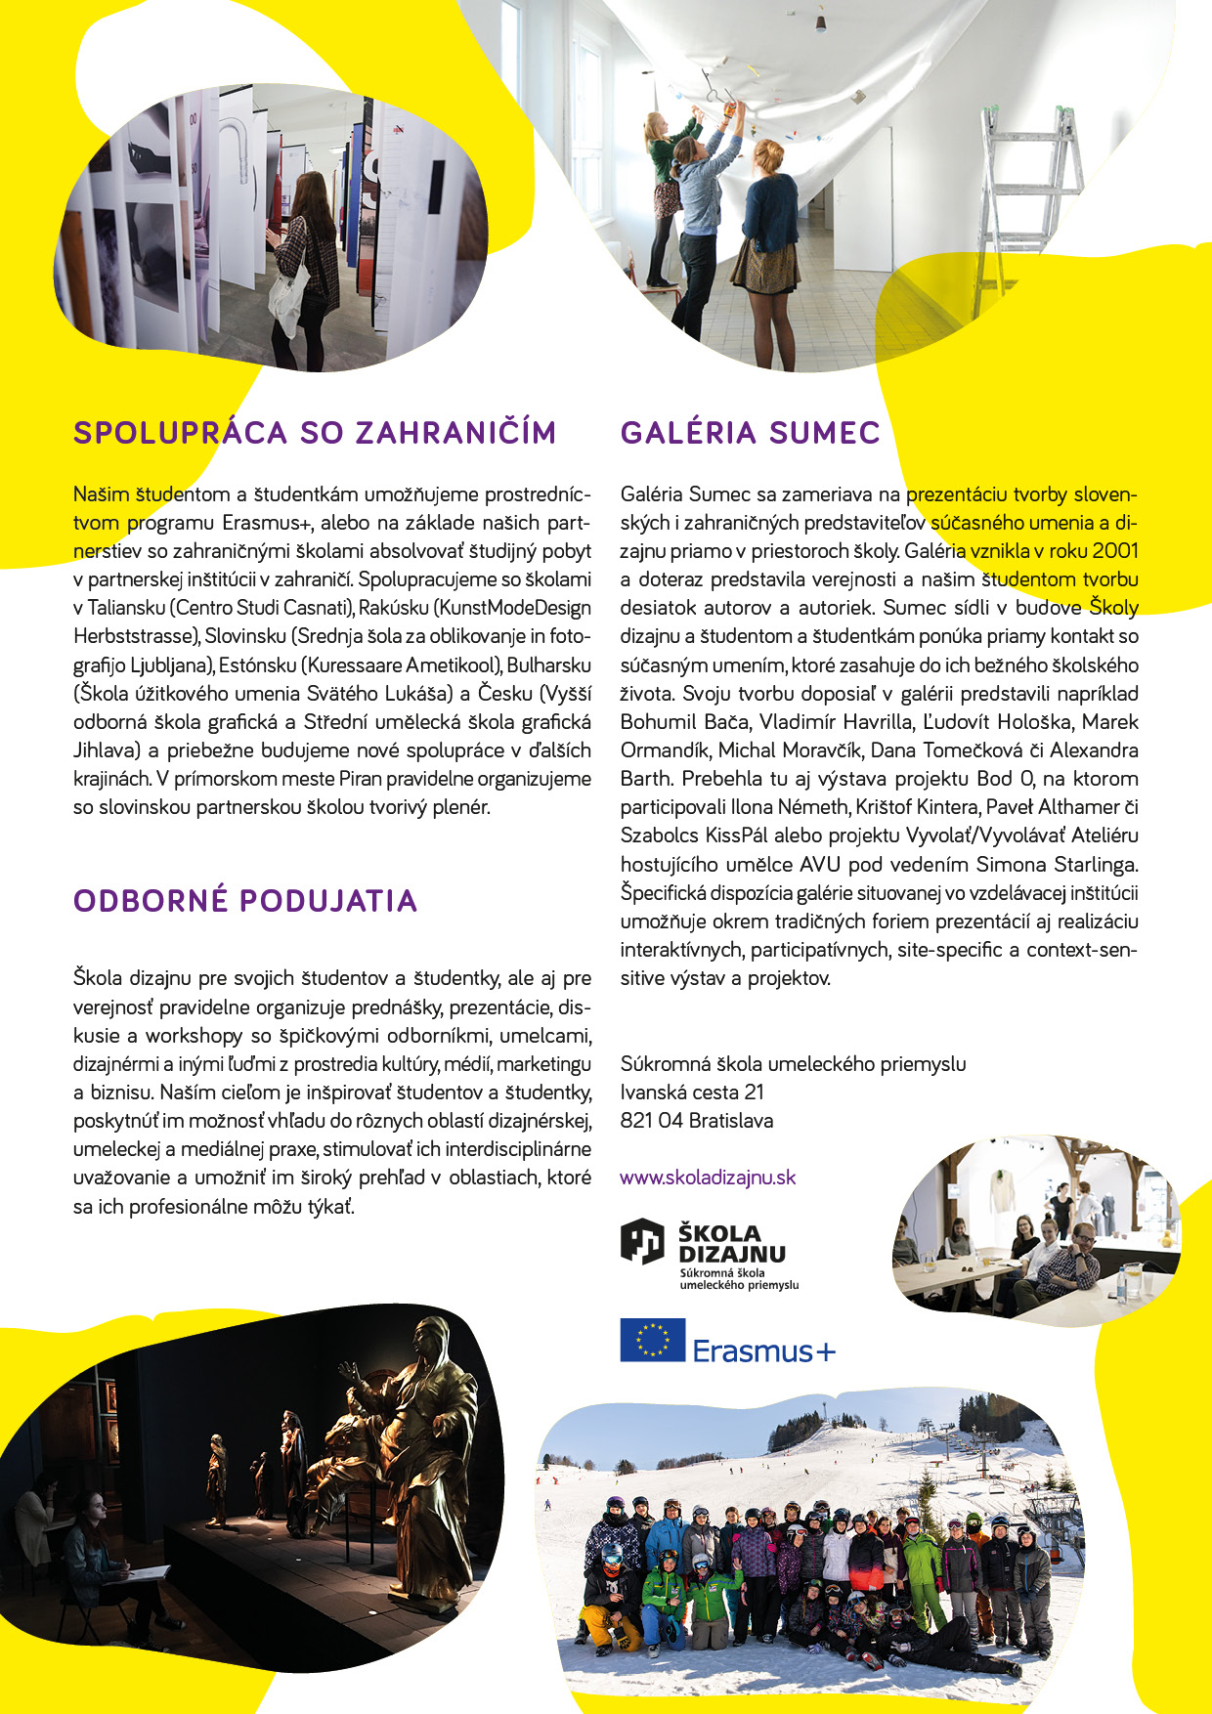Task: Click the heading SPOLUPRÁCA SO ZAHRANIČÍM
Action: coord(315,433)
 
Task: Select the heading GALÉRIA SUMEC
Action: coord(750,433)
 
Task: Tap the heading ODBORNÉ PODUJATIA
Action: coord(245,900)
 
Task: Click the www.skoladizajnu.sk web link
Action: coord(708,1178)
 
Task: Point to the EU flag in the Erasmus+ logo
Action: coord(652,1340)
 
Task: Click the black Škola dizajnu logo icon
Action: coord(642,1241)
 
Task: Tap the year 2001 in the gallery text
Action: coord(1115,551)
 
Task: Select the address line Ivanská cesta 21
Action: coord(692,1093)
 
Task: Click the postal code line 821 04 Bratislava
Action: coord(696,1121)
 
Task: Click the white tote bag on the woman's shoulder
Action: coord(290,303)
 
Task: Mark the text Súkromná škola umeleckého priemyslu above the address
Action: coord(793,1064)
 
